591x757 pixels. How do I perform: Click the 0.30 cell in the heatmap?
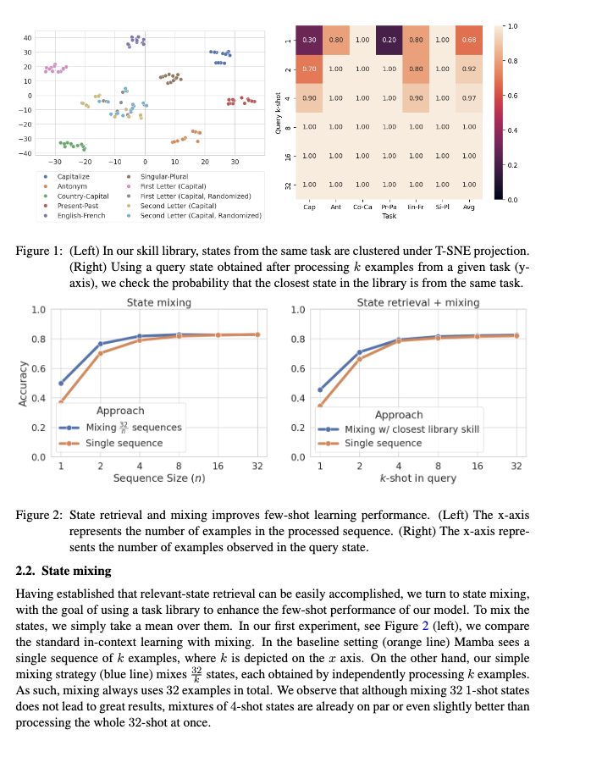click(310, 39)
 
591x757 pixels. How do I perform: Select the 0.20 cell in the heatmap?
click(389, 39)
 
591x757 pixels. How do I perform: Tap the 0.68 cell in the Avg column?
click(468, 39)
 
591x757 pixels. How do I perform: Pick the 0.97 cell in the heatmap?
click(468, 97)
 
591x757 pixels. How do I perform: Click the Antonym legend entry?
click(71, 185)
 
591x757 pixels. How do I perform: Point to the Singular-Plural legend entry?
click(164, 175)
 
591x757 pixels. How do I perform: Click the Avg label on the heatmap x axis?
click(468, 206)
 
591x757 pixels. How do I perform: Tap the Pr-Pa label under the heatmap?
click(389, 206)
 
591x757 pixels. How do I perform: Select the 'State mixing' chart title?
click(158, 302)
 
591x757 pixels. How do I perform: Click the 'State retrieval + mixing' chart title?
click(417, 302)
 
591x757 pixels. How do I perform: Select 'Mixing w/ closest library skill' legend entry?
click(411, 429)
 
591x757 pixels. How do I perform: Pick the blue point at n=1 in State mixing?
click(61, 384)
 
